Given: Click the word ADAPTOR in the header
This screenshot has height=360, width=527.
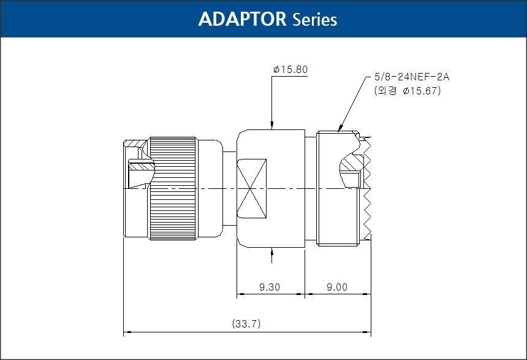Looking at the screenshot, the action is coord(242,19).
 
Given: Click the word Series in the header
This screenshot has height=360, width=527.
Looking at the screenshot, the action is coord(315,20).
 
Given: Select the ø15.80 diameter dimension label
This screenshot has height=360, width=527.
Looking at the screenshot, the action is coord(290,70).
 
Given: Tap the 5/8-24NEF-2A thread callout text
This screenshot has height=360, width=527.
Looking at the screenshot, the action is coord(412,77).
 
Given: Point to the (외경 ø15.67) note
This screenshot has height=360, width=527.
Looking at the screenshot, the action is coord(408,91).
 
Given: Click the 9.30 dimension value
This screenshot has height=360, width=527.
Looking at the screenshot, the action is coord(270,287).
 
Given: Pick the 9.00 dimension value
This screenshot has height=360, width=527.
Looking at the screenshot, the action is coord(337,287).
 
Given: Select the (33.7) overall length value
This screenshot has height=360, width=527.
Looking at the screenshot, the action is coord(246,324).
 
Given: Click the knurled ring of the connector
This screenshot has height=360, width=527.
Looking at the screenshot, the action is coord(173,188).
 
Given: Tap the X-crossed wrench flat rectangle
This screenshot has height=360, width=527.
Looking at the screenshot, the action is coord(251,188).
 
